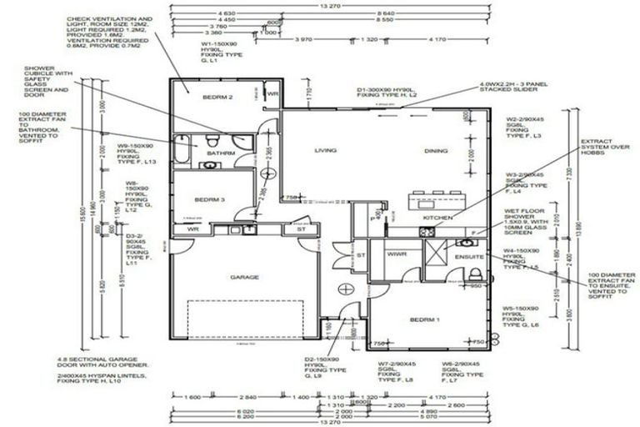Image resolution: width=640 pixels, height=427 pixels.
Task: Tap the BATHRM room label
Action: click(221, 153)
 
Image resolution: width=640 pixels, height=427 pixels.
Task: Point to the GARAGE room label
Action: click(244, 276)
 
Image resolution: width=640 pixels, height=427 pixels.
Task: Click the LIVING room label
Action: click(325, 151)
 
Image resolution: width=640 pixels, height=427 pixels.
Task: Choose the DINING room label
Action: click(437, 151)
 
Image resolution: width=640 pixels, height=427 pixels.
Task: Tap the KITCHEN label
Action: click(437, 218)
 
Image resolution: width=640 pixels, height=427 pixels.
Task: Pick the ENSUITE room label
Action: click(469, 257)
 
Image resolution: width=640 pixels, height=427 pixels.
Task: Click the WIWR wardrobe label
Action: click(397, 254)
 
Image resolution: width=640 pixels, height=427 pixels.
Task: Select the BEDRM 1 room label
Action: click(425, 319)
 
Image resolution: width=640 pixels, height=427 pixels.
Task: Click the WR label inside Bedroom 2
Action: click(272, 94)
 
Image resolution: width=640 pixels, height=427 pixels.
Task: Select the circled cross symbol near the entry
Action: click(345, 289)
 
